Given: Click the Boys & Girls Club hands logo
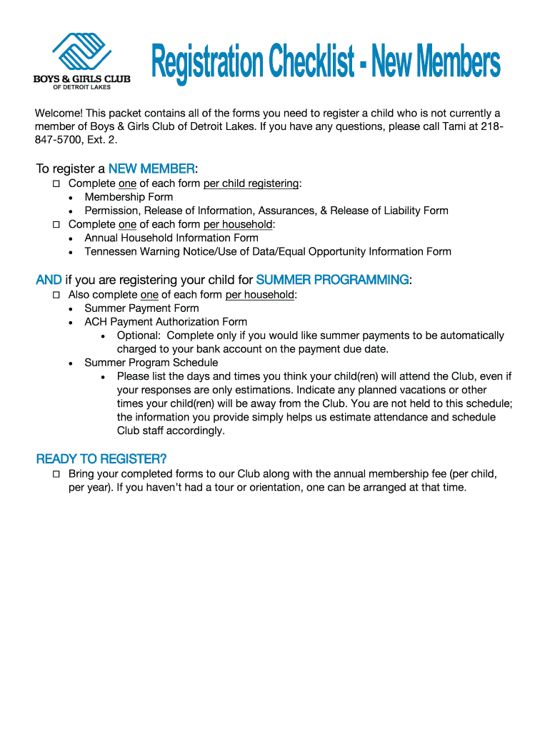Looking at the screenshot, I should click(x=81, y=51).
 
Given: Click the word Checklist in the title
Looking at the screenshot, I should click(x=311, y=63).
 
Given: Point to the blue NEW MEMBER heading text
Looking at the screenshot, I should click(x=151, y=169).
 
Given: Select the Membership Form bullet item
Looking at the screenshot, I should click(x=129, y=197).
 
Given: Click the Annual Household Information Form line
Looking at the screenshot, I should click(x=171, y=238).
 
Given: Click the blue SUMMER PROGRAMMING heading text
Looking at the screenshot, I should click(x=332, y=280).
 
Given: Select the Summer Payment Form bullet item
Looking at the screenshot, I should click(x=141, y=308).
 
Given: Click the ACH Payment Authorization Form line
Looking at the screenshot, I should click(x=166, y=322).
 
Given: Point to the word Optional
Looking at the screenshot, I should click(x=139, y=336).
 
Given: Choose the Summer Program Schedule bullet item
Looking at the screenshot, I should click(x=151, y=363).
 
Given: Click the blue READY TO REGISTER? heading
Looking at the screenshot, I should click(x=101, y=458).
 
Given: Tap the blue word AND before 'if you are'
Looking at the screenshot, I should click(x=49, y=280).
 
